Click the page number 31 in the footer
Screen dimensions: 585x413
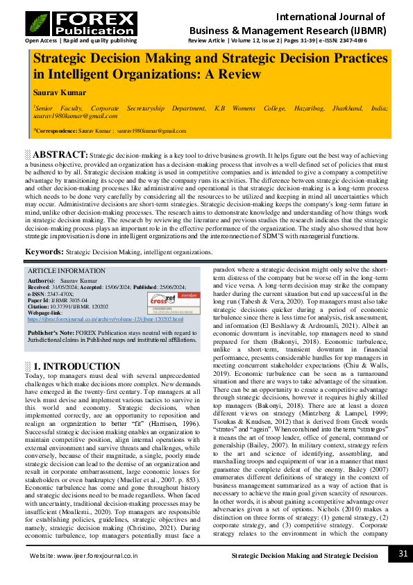coord(403,554)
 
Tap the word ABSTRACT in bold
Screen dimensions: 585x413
coord(60,154)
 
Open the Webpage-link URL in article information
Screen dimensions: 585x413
coord(106,320)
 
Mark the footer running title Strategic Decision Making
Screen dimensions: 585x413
coord(305,556)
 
